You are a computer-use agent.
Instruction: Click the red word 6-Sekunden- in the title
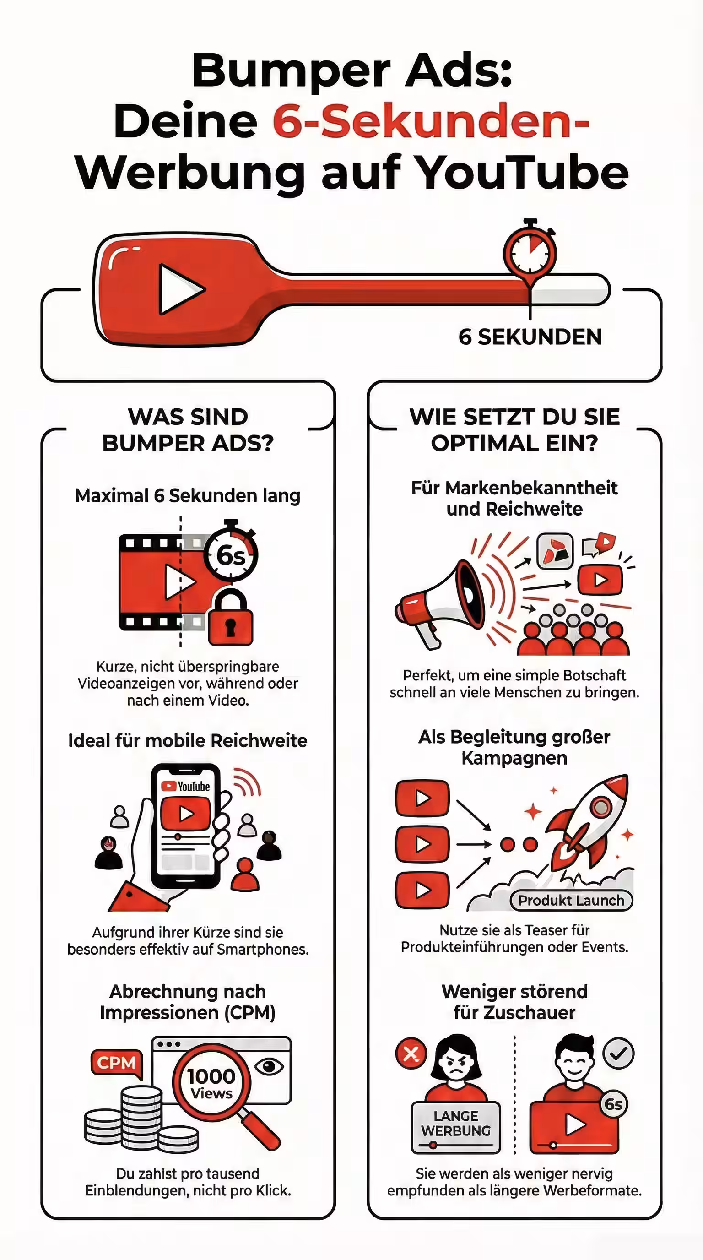coord(430,121)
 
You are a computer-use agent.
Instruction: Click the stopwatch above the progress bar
coord(530,252)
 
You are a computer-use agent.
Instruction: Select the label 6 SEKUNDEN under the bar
coord(530,337)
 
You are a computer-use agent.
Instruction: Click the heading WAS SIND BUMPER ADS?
coord(188,430)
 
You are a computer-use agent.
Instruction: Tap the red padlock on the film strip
coord(230,620)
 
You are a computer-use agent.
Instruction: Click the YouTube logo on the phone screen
coord(186,786)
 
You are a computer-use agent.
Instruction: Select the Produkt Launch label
coord(571,901)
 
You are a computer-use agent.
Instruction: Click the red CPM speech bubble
coord(116,1063)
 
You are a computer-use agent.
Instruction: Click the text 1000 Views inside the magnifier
coord(211,1082)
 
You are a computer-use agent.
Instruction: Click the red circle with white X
coord(411,1053)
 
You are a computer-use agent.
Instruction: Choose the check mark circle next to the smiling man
coord(618,1053)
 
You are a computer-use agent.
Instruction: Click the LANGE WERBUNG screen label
coord(456,1124)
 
